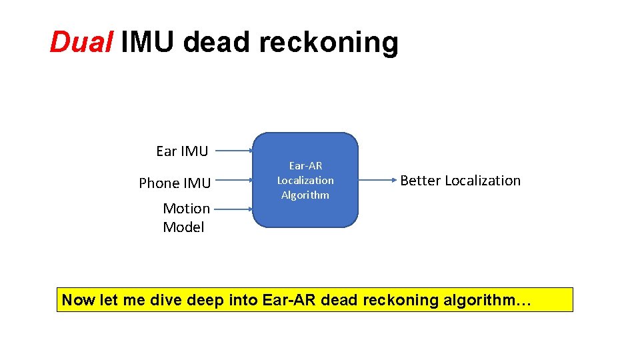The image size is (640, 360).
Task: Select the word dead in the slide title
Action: pos(218,43)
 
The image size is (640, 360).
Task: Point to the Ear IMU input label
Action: pos(181,151)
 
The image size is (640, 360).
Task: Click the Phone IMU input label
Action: pos(175,183)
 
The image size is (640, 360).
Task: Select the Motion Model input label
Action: pos(186,217)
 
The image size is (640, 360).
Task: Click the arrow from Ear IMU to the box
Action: pos(235,151)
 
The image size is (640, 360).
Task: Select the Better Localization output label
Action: pos(460,181)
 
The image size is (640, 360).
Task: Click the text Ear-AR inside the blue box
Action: pos(305,165)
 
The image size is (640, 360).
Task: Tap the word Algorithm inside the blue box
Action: pos(305,195)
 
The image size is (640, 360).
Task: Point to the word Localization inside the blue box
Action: pos(305,180)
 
